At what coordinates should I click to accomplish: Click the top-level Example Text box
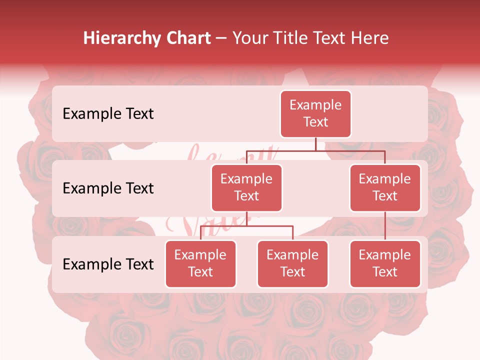coord(315,113)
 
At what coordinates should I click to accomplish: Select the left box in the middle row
coord(246,187)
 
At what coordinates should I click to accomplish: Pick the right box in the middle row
coord(385,187)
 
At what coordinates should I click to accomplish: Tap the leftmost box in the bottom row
coord(200,263)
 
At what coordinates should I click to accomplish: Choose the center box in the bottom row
coord(292,263)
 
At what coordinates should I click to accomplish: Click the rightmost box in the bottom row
coord(385,263)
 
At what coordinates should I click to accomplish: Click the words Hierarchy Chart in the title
coord(147,38)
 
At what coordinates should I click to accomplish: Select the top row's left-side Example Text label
coord(108,114)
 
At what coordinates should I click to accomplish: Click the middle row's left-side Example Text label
coord(108,188)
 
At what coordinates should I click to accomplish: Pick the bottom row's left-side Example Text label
coord(108,264)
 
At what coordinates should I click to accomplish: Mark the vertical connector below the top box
coord(315,144)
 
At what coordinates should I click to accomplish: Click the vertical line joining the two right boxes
coord(385,226)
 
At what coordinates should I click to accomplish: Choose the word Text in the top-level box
coord(315,122)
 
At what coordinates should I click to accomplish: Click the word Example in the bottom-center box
coord(292,255)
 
